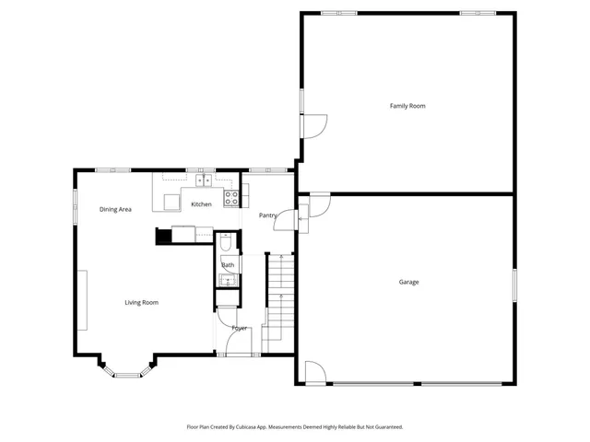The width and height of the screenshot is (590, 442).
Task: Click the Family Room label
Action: pyautogui.click(x=407, y=106)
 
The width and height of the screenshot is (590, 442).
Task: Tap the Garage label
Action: pyautogui.click(x=408, y=282)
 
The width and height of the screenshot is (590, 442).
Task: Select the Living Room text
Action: pyautogui.click(x=142, y=302)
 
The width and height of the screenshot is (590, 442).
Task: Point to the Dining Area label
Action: pyautogui.click(x=115, y=209)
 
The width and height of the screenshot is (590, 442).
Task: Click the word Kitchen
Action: pyautogui.click(x=201, y=204)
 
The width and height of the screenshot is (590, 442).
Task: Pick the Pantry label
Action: pyautogui.click(x=268, y=215)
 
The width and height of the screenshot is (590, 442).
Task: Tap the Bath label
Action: pyautogui.click(x=228, y=265)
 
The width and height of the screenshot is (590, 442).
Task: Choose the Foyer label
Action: pyautogui.click(x=240, y=328)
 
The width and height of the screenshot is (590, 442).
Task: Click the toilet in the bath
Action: pyautogui.click(x=227, y=245)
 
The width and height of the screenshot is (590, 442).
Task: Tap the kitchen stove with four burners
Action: pyautogui.click(x=232, y=195)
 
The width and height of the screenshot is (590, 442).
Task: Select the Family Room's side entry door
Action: pyautogui.click(x=313, y=123)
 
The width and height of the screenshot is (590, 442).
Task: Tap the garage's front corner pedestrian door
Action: pyautogui.click(x=314, y=371)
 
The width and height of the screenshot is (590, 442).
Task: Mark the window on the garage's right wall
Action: pyautogui.click(x=513, y=285)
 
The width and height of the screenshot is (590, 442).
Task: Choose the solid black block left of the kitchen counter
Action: pyautogui.click(x=163, y=237)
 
